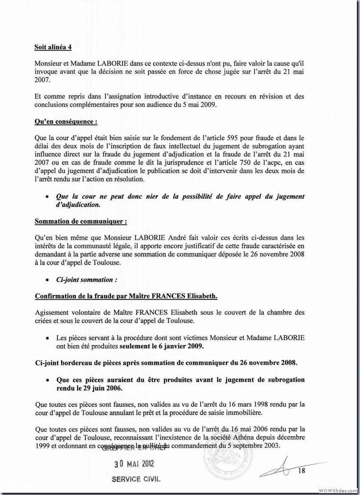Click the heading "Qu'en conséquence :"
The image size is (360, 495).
65,121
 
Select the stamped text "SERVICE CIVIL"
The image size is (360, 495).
135,479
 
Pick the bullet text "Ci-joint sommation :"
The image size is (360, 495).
86,279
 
